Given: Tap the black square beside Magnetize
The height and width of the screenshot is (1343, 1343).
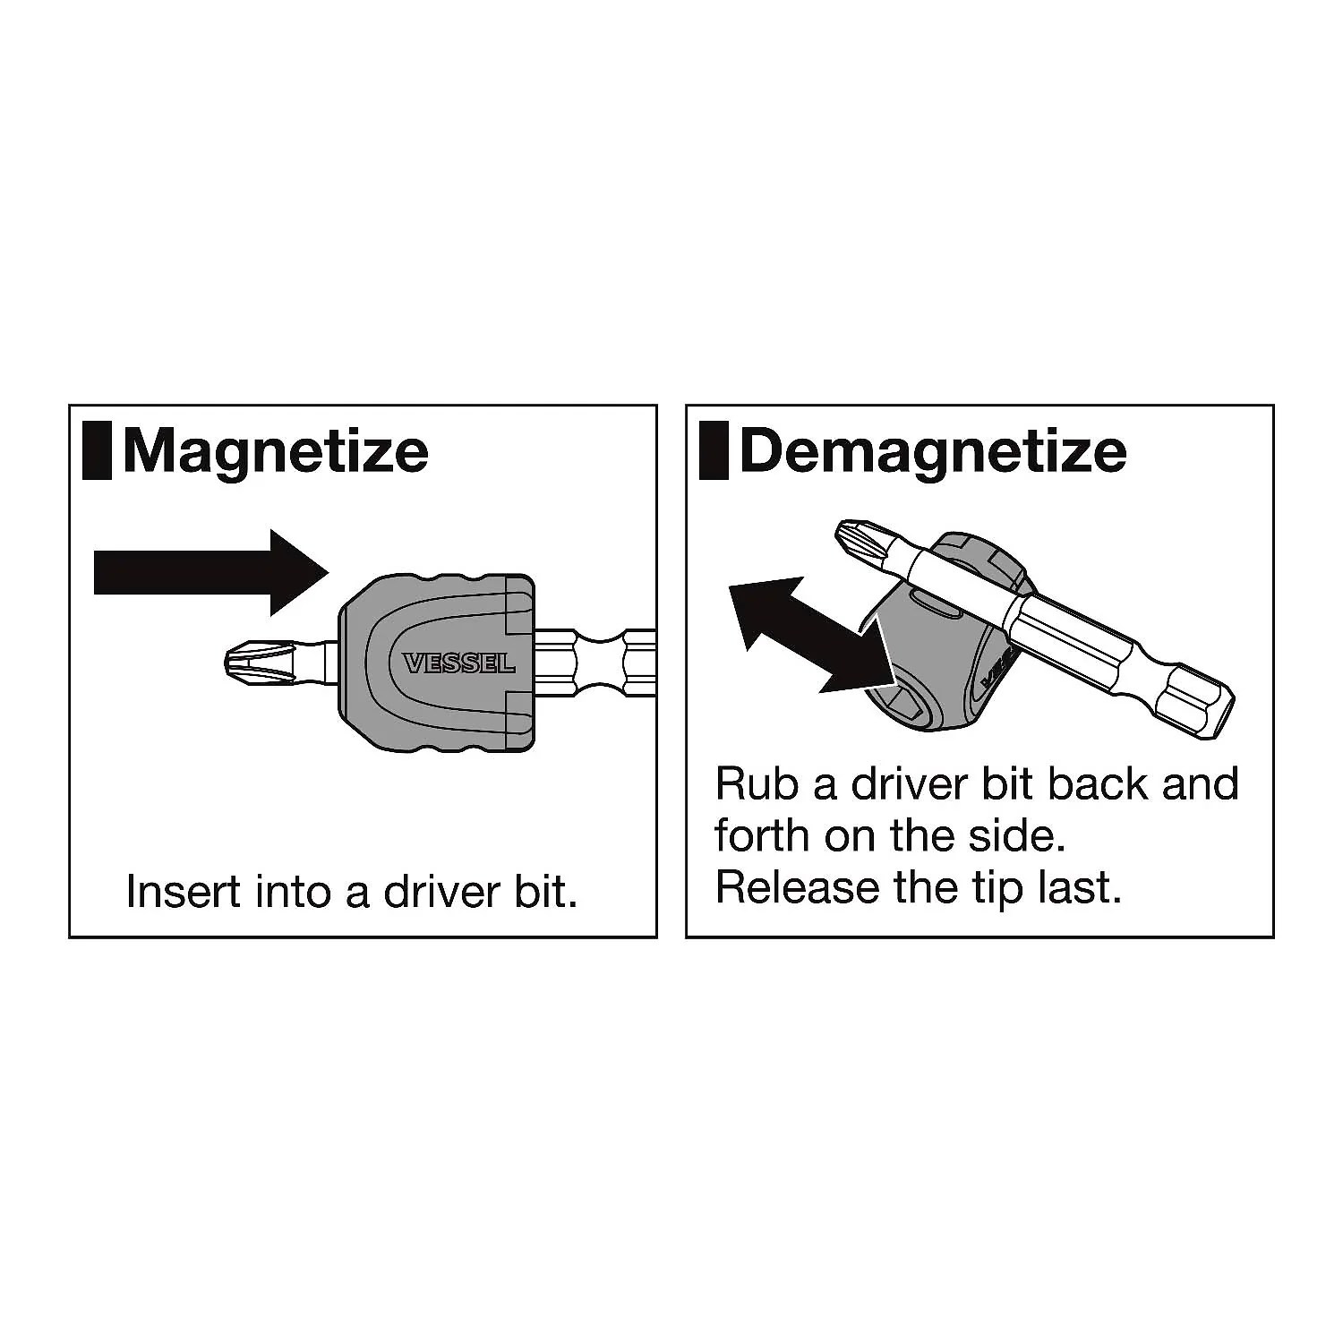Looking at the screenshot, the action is click(97, 450).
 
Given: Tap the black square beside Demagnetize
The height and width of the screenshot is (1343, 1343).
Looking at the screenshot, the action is click(714, 450).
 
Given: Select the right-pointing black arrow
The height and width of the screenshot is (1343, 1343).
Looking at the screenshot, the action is click(211, 573).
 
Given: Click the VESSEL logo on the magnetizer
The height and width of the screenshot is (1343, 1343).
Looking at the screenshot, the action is click(459, 663).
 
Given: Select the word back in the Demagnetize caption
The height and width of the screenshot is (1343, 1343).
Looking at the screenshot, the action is click(1099, 783).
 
